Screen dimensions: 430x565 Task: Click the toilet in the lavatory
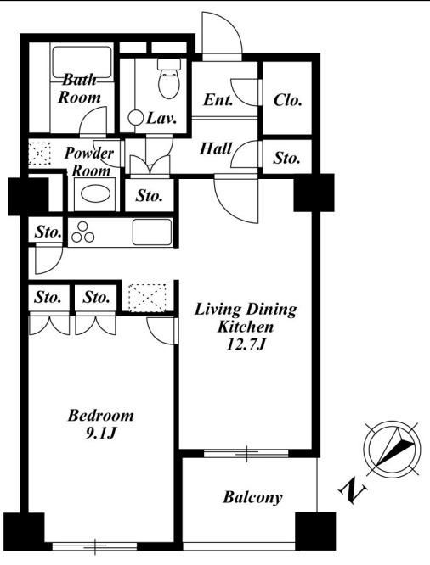coord(168,79)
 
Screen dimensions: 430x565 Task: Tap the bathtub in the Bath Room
coord(82,62)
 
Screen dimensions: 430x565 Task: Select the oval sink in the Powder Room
coord(96,194)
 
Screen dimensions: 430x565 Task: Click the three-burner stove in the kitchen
coord(83,232)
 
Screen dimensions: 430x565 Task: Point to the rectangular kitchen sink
coord(152,232)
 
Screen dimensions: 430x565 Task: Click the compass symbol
coord(392,449)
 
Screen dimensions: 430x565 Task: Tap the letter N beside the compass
coord(353,490)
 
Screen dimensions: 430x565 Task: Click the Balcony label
coord(252,498)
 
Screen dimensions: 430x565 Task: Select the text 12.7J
coord(246,344)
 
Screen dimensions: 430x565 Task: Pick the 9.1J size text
coord(100,434)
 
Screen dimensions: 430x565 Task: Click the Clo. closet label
coord(287,100)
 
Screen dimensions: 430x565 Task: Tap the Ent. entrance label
coord(218,100)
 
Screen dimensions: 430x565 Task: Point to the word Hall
coord(216,148)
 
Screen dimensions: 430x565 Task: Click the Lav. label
coord(161,119)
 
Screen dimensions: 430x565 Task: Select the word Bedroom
coord(101,416)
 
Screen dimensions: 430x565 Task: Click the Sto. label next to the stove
coord(48,232)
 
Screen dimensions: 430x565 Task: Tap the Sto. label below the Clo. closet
coord(286,158)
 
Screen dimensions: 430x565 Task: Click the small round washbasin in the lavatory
coord(136,118)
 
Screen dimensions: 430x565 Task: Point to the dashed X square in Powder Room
coord(39,154)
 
